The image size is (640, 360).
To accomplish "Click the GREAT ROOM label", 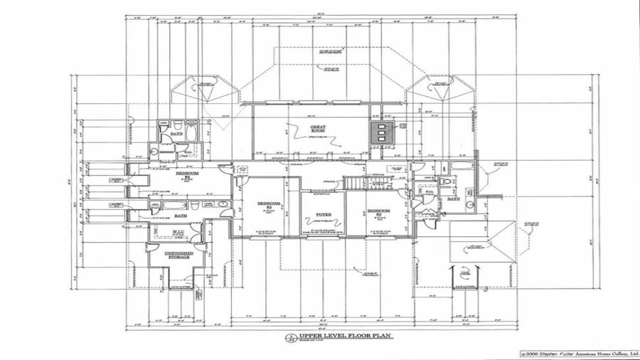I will pyautogui.click(x=317, y=129).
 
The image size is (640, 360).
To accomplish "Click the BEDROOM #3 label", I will pyautogui.click(x=379, y=211).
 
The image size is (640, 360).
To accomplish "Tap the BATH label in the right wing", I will pyautogui.click(x=453, y=199).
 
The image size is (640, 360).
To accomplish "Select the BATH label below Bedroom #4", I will pyautogui.click(x=180, y=216).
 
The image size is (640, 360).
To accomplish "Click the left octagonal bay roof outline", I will pyautogui.click(x=207, y=92).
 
